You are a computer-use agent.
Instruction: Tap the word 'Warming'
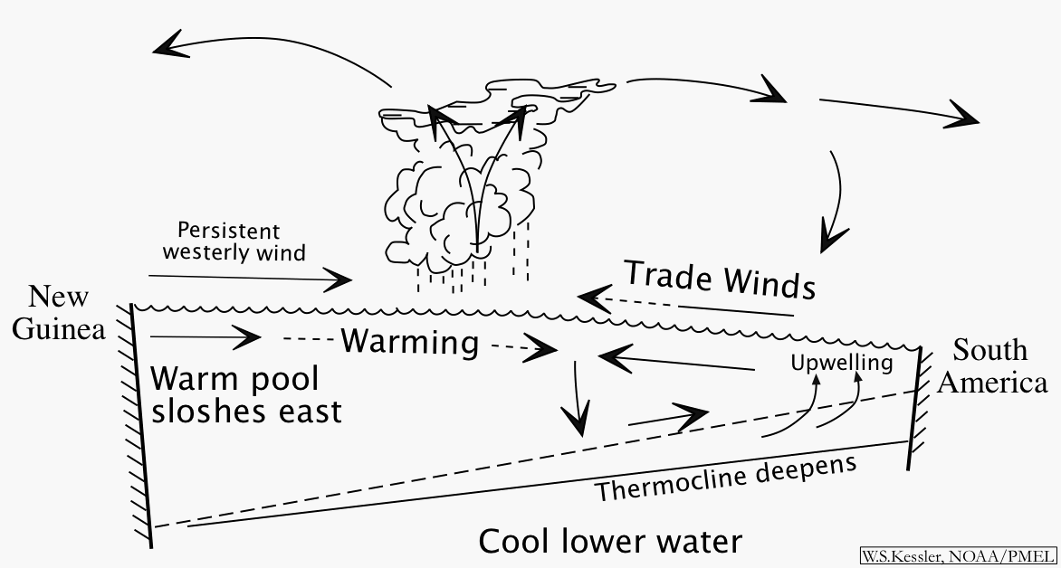409,343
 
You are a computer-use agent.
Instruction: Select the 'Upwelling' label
841,364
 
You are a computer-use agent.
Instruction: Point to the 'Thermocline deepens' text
725,478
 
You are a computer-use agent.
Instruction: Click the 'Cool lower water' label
610,542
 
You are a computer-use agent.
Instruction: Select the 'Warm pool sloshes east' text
246,395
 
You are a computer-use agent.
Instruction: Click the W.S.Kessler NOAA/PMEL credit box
958,556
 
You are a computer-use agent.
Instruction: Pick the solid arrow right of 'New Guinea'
205,338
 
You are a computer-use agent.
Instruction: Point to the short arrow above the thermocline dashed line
665,417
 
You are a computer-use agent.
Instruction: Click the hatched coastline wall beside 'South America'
916,407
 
